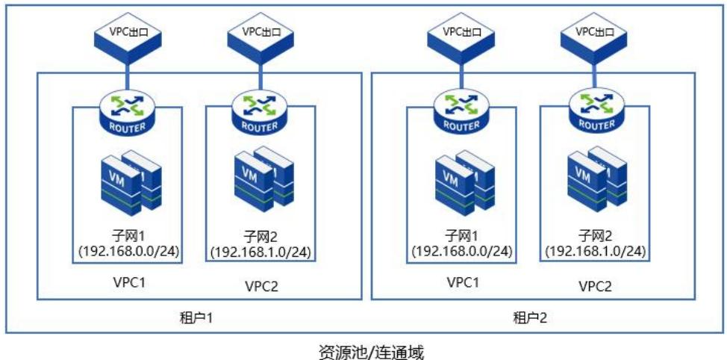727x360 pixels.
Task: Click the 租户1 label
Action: point(198,317)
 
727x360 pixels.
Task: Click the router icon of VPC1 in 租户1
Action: point(127,113)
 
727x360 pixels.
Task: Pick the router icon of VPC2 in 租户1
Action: point(259,113)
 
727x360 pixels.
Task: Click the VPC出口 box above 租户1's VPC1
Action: point(127,34)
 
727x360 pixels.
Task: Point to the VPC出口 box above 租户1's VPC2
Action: point(259,34)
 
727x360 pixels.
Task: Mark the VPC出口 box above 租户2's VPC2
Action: point(593,34)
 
